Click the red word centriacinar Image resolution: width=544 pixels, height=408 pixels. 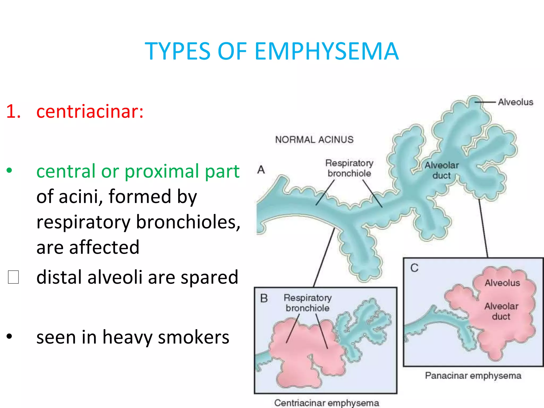tap(90, 111)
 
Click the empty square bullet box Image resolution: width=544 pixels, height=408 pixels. tap(13, 277)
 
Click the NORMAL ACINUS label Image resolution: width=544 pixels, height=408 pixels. tap(314, 139)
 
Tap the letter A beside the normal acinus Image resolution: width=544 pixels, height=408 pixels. tap(261, 170)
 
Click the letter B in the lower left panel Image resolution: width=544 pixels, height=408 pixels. tap(264, 298)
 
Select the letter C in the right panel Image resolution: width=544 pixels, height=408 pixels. tap(414, 268)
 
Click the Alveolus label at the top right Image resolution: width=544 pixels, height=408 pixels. tap(515, 102)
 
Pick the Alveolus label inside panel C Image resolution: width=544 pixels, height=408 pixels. tap(502, 283)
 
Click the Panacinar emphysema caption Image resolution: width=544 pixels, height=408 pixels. tap(473, 376)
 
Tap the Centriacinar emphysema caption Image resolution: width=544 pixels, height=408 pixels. tap(326, 403)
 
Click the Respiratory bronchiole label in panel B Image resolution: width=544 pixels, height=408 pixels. tap(308, 303)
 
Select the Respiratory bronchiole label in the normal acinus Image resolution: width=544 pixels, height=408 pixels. tap(349, 168)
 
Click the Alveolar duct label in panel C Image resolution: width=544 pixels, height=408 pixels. tap(501, 311)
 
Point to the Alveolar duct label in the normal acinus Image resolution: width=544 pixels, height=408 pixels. tap(441, 170)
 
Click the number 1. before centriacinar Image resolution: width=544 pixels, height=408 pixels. tap(14, 111)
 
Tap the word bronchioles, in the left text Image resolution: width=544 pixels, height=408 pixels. tap(188, 222)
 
